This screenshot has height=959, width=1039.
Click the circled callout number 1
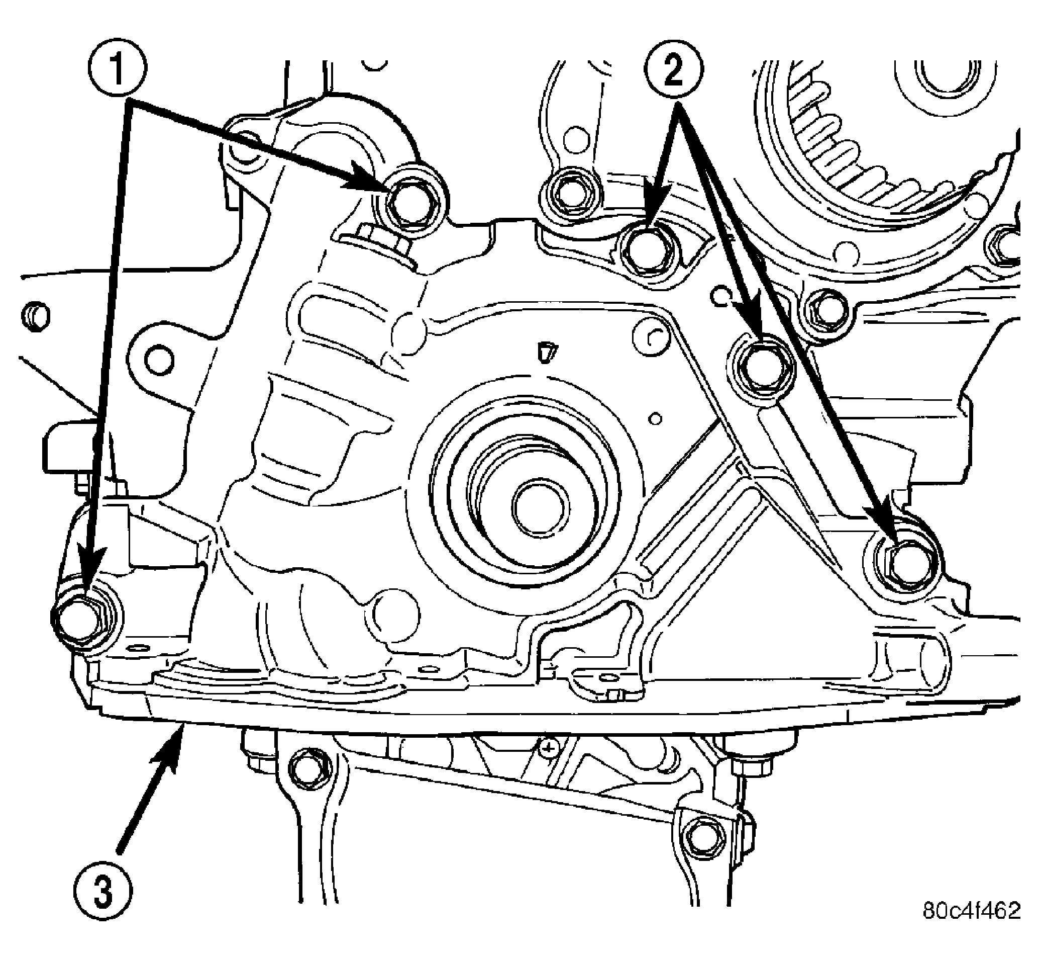coord(117,67)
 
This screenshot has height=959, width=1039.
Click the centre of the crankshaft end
coord(540,506)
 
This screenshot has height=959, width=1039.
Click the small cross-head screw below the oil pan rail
coord(548,748)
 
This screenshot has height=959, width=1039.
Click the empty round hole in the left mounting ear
coord(159,361)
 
